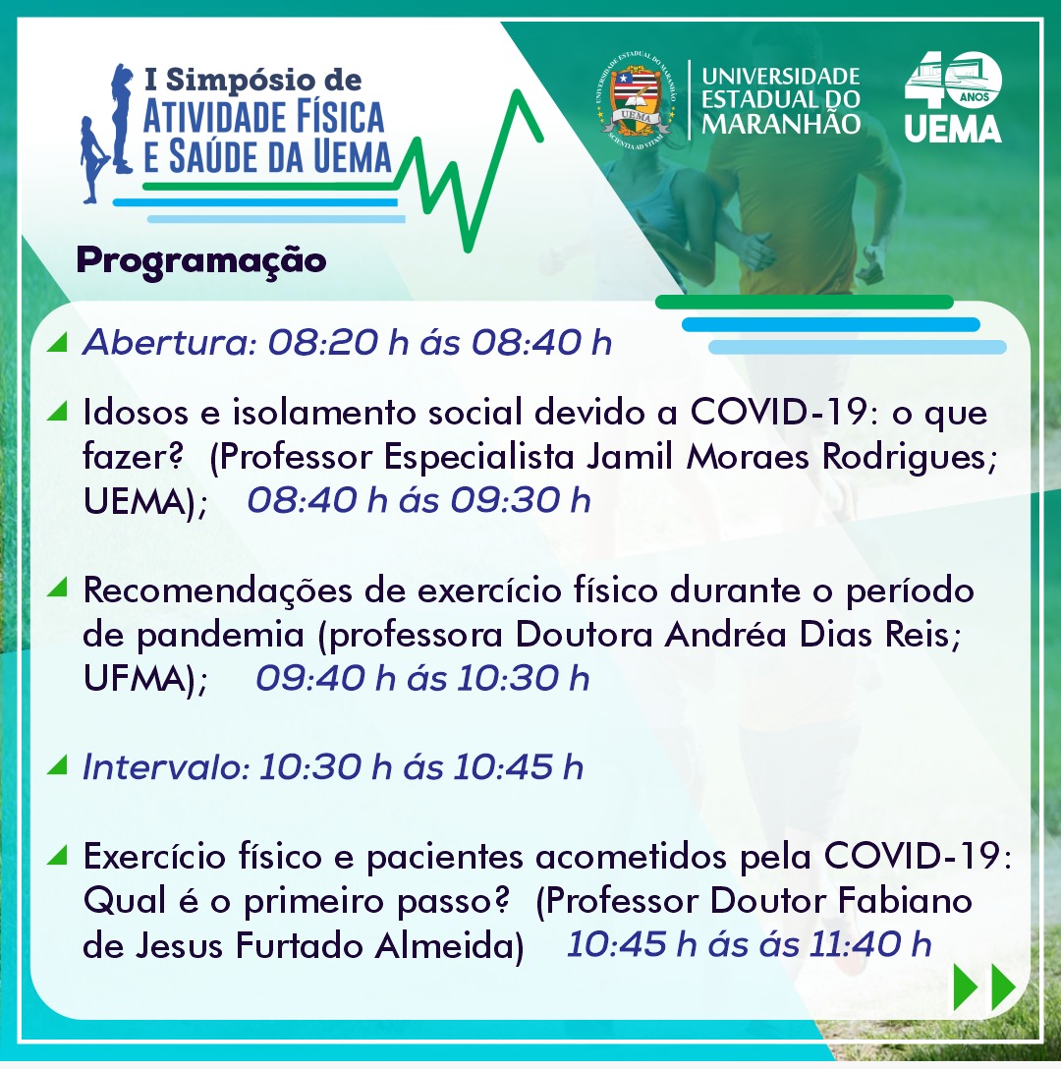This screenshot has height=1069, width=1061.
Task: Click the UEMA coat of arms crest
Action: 636,99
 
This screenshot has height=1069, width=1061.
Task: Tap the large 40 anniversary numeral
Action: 953,81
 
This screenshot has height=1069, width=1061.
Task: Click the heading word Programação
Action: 201,261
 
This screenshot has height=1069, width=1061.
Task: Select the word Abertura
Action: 168,342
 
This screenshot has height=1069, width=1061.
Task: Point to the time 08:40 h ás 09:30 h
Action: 419,500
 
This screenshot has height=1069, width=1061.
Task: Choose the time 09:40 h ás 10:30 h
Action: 422,678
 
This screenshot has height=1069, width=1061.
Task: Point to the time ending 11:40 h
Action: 749,945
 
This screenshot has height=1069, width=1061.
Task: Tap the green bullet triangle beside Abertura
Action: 58,342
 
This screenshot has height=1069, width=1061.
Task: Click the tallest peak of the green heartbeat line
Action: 520,91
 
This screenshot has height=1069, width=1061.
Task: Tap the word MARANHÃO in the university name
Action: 781,124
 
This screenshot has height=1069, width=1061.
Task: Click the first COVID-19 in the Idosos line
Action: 779,412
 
